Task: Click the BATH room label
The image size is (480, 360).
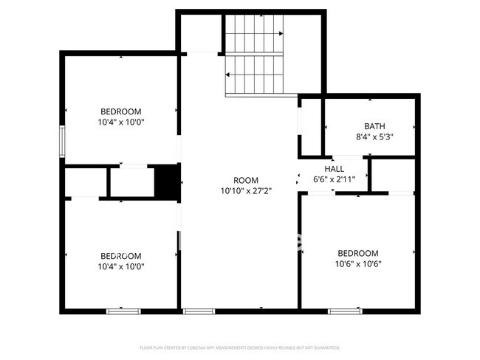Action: (374, 126)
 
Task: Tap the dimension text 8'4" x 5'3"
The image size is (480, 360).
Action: (374, 136)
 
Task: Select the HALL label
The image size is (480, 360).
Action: (335, 168)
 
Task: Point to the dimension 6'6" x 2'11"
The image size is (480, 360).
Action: (335, 179)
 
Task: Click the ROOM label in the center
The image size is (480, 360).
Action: (246, 180)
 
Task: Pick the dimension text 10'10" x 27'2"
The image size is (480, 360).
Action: (246, 190)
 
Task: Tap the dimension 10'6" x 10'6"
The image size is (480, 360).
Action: (358, 263)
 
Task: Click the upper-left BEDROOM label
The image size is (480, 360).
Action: (120, 112)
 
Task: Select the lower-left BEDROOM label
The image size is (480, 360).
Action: (120, 257)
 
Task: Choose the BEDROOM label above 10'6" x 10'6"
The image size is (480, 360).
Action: (358, 253)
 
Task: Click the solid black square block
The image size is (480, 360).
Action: (168, 181)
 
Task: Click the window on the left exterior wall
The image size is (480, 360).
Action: (63, 141)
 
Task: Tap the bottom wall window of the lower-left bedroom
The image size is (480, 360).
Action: (123, 311)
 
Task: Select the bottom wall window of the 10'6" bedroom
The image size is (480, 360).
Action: (345, 311)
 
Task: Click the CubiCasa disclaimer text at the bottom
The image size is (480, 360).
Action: (240, 347)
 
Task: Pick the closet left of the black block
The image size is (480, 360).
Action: (131, 182)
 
